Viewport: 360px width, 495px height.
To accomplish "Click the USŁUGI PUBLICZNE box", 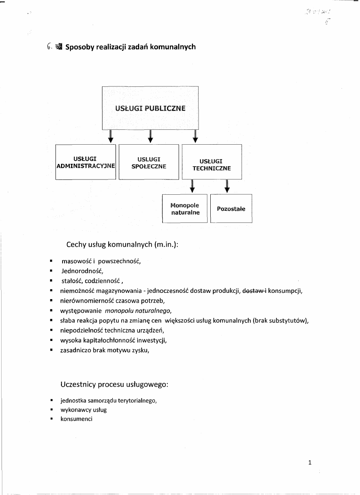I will [x=150, y=108].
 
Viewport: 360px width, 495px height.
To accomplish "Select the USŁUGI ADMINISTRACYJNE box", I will [x=86, y=162].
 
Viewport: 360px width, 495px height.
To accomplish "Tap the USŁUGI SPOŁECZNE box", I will [x=149, y=162].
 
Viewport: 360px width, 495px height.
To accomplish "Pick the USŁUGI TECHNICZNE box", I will [x=212, y=162].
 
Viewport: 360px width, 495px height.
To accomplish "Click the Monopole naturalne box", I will [x=185, y=209].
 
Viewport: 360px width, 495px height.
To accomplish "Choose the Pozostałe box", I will [x=231, y=209].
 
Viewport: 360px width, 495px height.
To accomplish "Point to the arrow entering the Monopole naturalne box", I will [x=192, y=187].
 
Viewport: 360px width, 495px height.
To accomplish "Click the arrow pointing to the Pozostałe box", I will [x=227, y=187].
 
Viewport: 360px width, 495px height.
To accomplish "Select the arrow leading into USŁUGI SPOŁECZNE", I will [x=150, y=137].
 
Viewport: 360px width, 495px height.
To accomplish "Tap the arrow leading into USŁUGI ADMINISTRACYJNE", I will [x=111, y=137].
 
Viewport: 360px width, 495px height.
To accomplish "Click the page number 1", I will [x=310, y=463].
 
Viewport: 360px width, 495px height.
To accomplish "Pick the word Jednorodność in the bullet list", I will [x=82, y=271].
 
